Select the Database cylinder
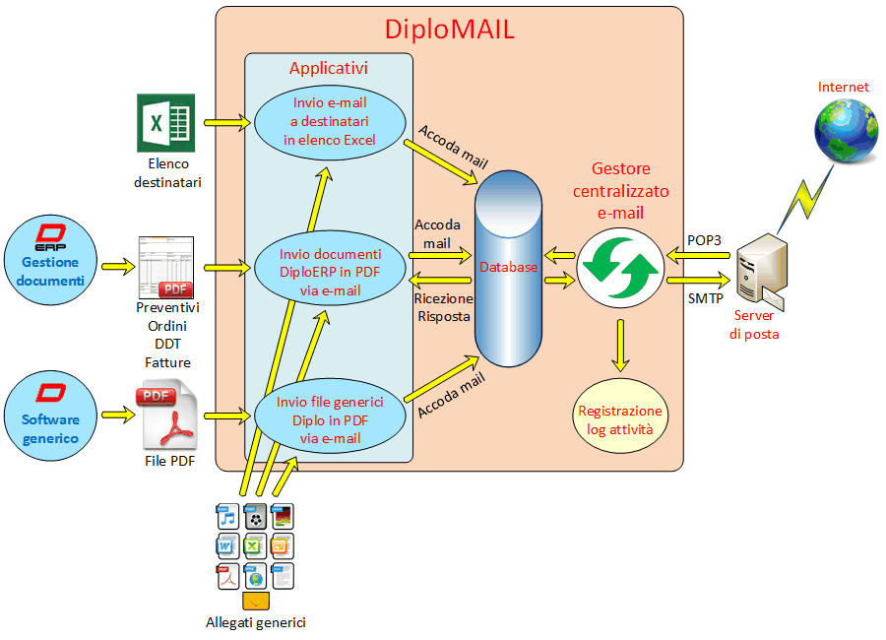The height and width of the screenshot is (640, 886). pos(509,268)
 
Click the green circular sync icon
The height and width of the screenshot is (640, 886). pos(619,268)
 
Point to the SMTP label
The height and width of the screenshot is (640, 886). pos(704,297)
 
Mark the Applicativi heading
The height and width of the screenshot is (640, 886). pos(328,69)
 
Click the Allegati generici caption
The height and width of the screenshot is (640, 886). pos(255,622)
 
